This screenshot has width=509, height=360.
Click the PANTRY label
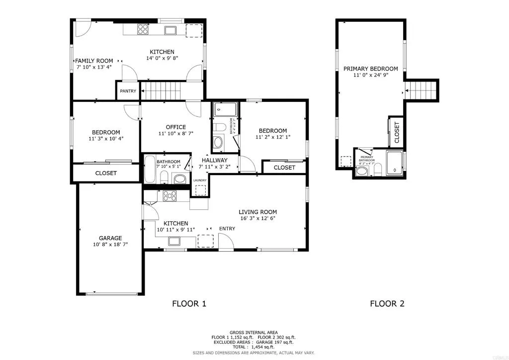tap(128, 91)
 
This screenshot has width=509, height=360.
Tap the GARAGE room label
tap(110, 238)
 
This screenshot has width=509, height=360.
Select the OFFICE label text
tap(172, 127)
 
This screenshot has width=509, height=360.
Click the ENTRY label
tap(227, 228)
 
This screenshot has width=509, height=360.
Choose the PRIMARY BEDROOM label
tap(370, 69)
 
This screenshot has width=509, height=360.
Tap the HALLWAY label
tap(214, 160)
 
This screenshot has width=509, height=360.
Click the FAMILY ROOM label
tap(94, 61)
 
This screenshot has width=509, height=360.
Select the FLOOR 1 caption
tap(189, 303)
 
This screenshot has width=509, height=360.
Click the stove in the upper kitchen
tap(143, 30)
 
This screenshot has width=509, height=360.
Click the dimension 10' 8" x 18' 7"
tap(110, 244)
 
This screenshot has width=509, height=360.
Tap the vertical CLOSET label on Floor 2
tap(397, 133)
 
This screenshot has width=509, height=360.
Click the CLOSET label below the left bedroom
tap(106, 173)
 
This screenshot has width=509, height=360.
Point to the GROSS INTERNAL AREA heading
tap(254, 332)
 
